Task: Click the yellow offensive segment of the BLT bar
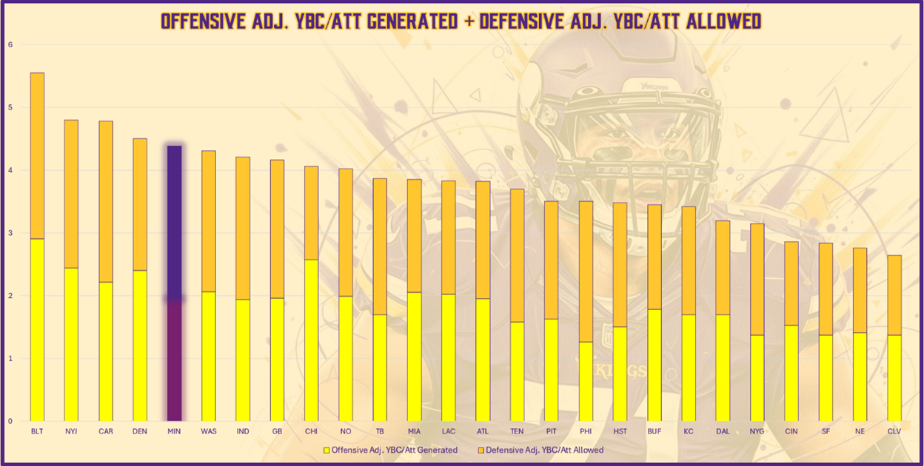[x=37, y=329]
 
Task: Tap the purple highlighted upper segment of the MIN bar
[x=174, y=222]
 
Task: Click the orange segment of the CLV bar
[x=894, y=295]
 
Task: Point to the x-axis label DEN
[x=140, y=430]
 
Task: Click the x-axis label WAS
[x=209, y=430]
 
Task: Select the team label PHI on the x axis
[x=586, y=430]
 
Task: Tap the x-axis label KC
[x=689, y=430]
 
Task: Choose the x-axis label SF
[x=826, y=430]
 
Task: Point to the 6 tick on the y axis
[x=10, y=44]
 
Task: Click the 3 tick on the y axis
[x=10, y=233]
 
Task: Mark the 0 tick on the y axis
[x=10, y=421]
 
